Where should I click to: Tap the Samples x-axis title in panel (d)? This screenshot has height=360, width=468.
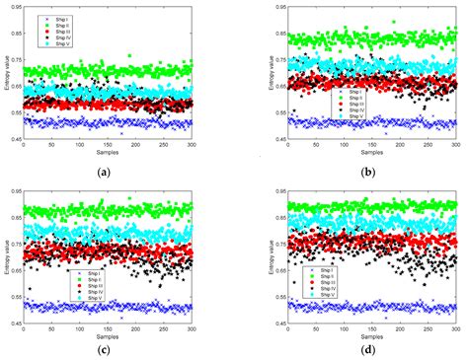pos(370,334)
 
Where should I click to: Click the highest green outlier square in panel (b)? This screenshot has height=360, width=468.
pos(393,22)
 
